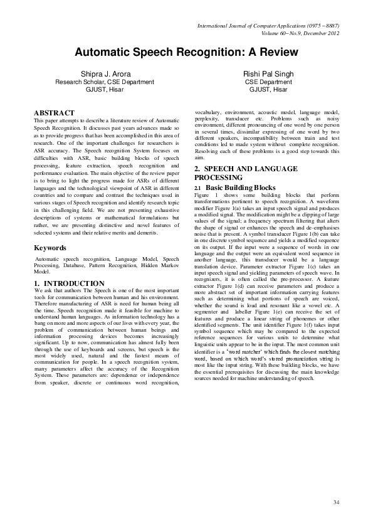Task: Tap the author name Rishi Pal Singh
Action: tap(268, 74)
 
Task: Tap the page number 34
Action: tap(336, 502)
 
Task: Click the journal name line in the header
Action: tap(268, 25)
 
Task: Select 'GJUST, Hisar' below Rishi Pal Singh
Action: tap(268, 90)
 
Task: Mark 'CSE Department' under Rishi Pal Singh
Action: tap(268, 82)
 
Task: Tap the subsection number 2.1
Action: tap(198, 187)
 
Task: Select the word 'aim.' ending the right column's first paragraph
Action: tap(200, 158)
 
